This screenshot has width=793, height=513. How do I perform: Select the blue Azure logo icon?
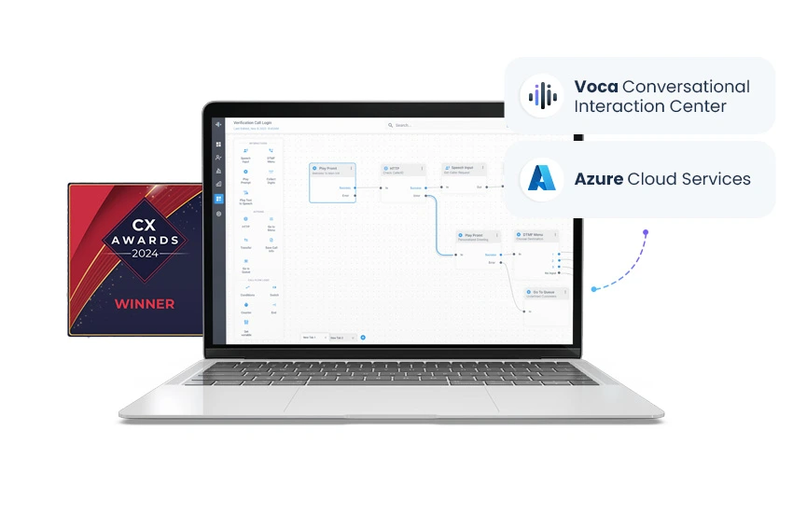542,178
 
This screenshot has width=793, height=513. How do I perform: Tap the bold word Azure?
598,178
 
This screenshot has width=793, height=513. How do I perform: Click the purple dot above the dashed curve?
645,232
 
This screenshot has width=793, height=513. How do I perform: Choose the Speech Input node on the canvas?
458,170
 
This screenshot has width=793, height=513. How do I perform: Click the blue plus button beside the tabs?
363,337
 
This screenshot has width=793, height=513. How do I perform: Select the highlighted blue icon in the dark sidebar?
218,199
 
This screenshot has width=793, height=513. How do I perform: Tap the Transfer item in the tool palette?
245,247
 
